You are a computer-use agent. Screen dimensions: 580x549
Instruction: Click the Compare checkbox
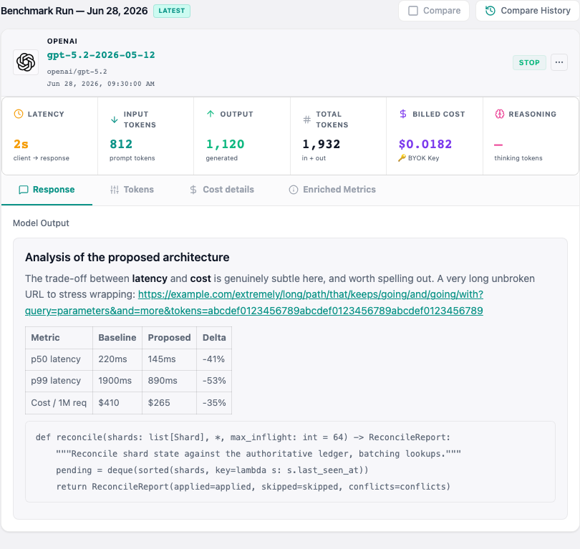tap(413, 11)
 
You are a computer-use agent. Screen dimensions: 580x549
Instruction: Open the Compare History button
tap(528, 11)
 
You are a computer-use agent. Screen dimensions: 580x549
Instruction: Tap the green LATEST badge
tap(172, 11)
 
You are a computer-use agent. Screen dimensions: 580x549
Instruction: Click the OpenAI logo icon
tap(26, 62)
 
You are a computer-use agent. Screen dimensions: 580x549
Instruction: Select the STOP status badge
tap(529, 62)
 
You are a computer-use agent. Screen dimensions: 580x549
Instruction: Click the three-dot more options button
tap(559, 62)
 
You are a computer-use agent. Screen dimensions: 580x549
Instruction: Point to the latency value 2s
tap(21, 144)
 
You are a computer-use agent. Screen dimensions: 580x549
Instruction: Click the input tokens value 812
tap(121, 144)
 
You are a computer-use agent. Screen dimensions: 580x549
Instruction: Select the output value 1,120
tap(226, 144)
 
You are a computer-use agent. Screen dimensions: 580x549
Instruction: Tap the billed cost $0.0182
tap(425, 144)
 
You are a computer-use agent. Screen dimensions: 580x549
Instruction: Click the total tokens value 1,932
tap(321, 144)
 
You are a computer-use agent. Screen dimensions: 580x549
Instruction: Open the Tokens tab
tap(132, 190)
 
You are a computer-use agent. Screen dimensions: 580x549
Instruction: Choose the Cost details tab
tap(222, 190)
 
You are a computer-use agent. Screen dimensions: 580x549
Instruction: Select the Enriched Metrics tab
tap(332, 190)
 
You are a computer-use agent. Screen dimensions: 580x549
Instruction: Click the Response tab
tap(47, 190)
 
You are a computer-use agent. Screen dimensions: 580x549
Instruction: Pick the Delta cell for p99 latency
tap(214, 381)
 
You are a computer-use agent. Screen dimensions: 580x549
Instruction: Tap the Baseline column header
tap(117, 338)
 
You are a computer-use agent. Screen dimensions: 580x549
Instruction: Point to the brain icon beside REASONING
tap(499, 114)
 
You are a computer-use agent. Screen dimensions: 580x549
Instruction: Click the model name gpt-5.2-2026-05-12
tap(101, 55)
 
